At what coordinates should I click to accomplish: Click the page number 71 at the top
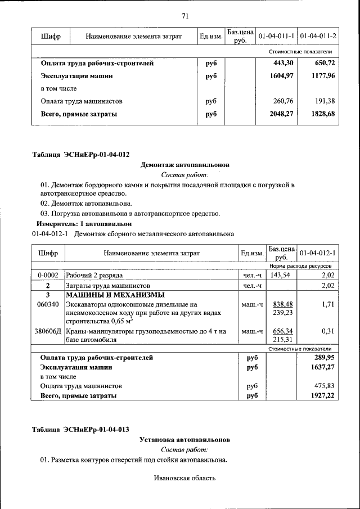click(x=184, y=15)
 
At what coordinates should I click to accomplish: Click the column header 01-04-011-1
click(x=276, y=36)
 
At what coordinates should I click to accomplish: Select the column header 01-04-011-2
click(x=318, y=36)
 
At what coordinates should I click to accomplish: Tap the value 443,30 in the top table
click(x=283, y=63)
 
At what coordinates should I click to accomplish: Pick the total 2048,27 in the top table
click(x=282, y=114)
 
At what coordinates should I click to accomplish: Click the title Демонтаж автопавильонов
click(x=184, y=166)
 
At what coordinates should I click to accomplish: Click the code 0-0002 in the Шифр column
click(x=48, y=275)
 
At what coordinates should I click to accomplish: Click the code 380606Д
click(x=48, y=331)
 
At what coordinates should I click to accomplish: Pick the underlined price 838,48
click(x=282, y=304)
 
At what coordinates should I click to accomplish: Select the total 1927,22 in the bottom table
click(x=322, y=396)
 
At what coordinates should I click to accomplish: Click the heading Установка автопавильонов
click(x=184, y=439)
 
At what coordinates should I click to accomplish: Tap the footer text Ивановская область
click(x=184, y=479)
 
